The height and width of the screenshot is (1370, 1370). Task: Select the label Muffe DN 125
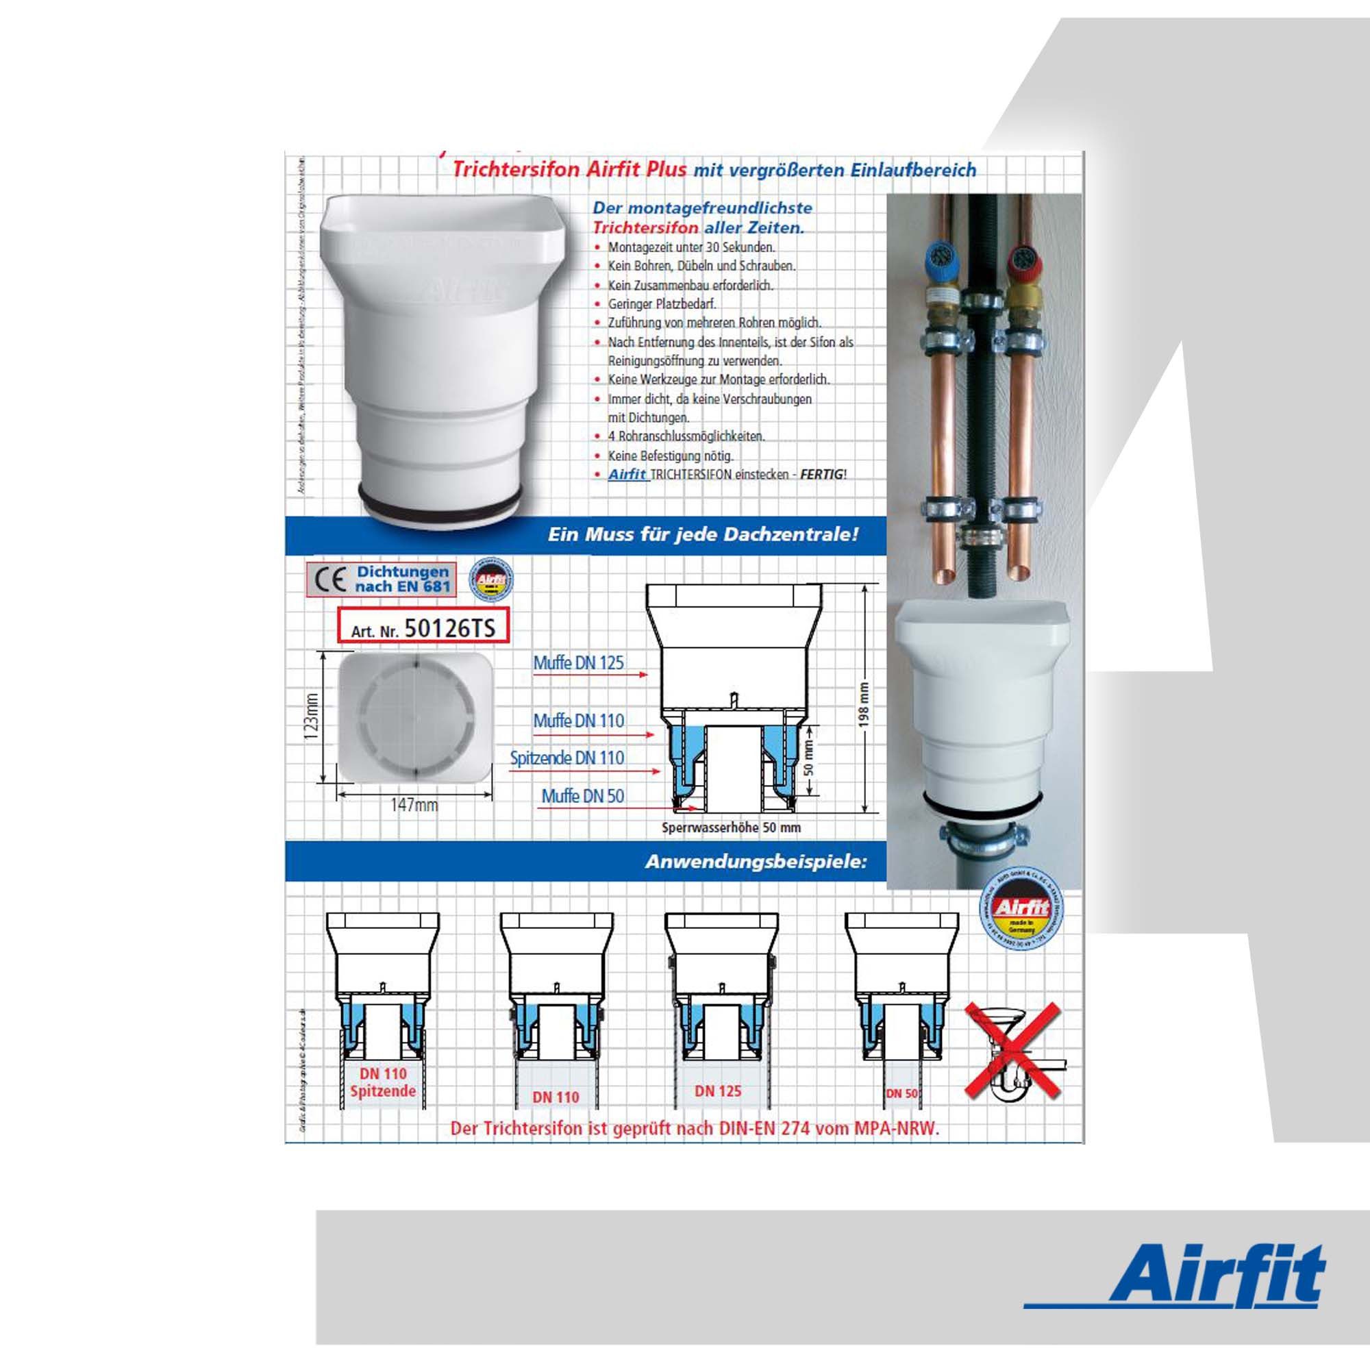(x=579, y=663)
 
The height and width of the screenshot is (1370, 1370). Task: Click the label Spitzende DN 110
(x=567, y=758)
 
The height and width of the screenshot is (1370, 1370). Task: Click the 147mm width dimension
(x=414, y=805)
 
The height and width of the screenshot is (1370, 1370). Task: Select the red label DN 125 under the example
(x=719, y=1091)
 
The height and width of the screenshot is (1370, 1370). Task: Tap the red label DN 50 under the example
(x=902, y=1093)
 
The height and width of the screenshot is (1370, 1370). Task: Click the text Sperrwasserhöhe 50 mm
(x=731, y=827)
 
